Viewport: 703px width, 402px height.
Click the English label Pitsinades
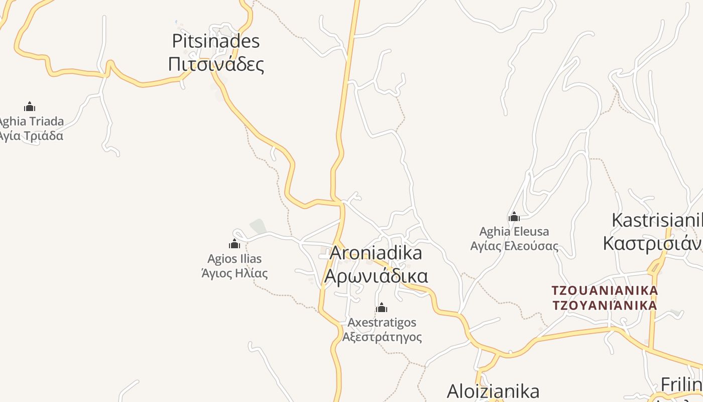pyautogui.click(x=216, y=41)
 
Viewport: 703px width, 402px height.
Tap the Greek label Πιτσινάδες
pyautogui.click(x=216, y=64)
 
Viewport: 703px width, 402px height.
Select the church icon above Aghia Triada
pyautogui.click(x=30, y=107)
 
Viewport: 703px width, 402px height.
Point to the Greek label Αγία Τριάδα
pyautogui.click(x=31, y=136)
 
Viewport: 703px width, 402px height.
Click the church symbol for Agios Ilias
pyautogui.click(x=235, y=244)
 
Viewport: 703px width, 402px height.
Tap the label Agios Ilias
pyautogui.click(x=235, y=259)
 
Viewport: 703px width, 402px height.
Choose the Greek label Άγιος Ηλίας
pyautogui.click(x=235, y=273)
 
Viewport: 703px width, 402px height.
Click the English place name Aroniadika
pyautogui.click(x=376, y=253)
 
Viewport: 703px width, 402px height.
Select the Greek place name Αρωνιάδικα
pyautogui.click(x=376, y=276)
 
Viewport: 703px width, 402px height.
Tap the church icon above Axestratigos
pyautogui.click(x=382, y=308)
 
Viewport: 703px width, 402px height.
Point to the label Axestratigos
pyautogui.click(x=382, y=322)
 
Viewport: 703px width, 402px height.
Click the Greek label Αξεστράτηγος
pyautogui.click(x=382, y=337)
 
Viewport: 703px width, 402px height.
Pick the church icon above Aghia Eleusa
pyautogui.click(x=514, y=217)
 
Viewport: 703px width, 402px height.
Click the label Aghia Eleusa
pyautogui.click(x=514, y=232)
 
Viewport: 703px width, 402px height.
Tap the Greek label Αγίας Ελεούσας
pyautogui.click(x=514, y=246)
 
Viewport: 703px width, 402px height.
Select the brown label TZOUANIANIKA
pyautogui.click(x=605, y=290)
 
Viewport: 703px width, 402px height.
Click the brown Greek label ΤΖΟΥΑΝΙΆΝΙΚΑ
pyautogui.click(x=605, y=305)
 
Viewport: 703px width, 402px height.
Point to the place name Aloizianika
pyautogui.click(x=493, y=391)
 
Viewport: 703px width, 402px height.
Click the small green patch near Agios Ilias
pyautogui.click(x=258, y=227)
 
